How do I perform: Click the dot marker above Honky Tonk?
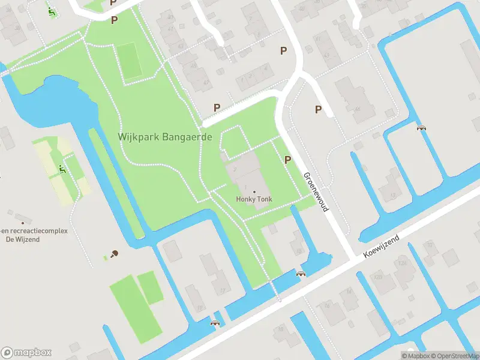[x=253, y=191]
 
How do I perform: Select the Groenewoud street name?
[x=316, y=192]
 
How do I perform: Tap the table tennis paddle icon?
[x=114, y=254]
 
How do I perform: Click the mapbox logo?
[x=26, y=353]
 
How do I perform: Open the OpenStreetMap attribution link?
[x=452, y=356]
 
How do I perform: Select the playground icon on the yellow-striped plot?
[x=62, y=170]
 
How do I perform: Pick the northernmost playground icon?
[x=52, y=11]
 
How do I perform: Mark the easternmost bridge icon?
[x=421, y=127]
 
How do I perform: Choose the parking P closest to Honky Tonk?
[x=287, y=160]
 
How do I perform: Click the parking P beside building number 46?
[x=318, y=109]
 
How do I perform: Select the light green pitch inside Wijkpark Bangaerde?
[x=129, y=61]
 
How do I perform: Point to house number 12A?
[x=378, y=278]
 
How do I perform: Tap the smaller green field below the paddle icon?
[x=151, y=287]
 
